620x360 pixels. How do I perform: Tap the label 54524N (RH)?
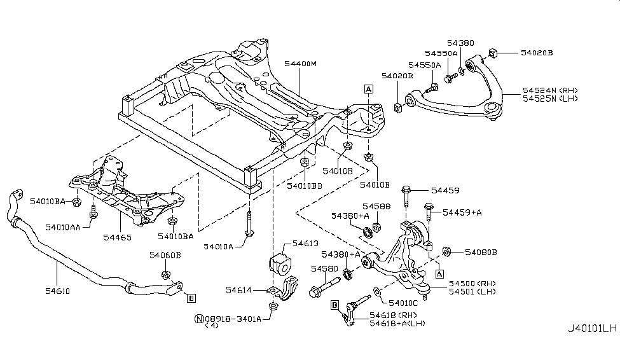coord(549,91)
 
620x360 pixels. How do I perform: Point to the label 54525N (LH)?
coord(549,100)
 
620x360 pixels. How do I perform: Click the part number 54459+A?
coord(462,212)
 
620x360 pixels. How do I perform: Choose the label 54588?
coord(376,207)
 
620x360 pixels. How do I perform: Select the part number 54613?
coord(304,243)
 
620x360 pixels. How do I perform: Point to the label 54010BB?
coord(305,186)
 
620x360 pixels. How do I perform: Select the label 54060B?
coord(165,255)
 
